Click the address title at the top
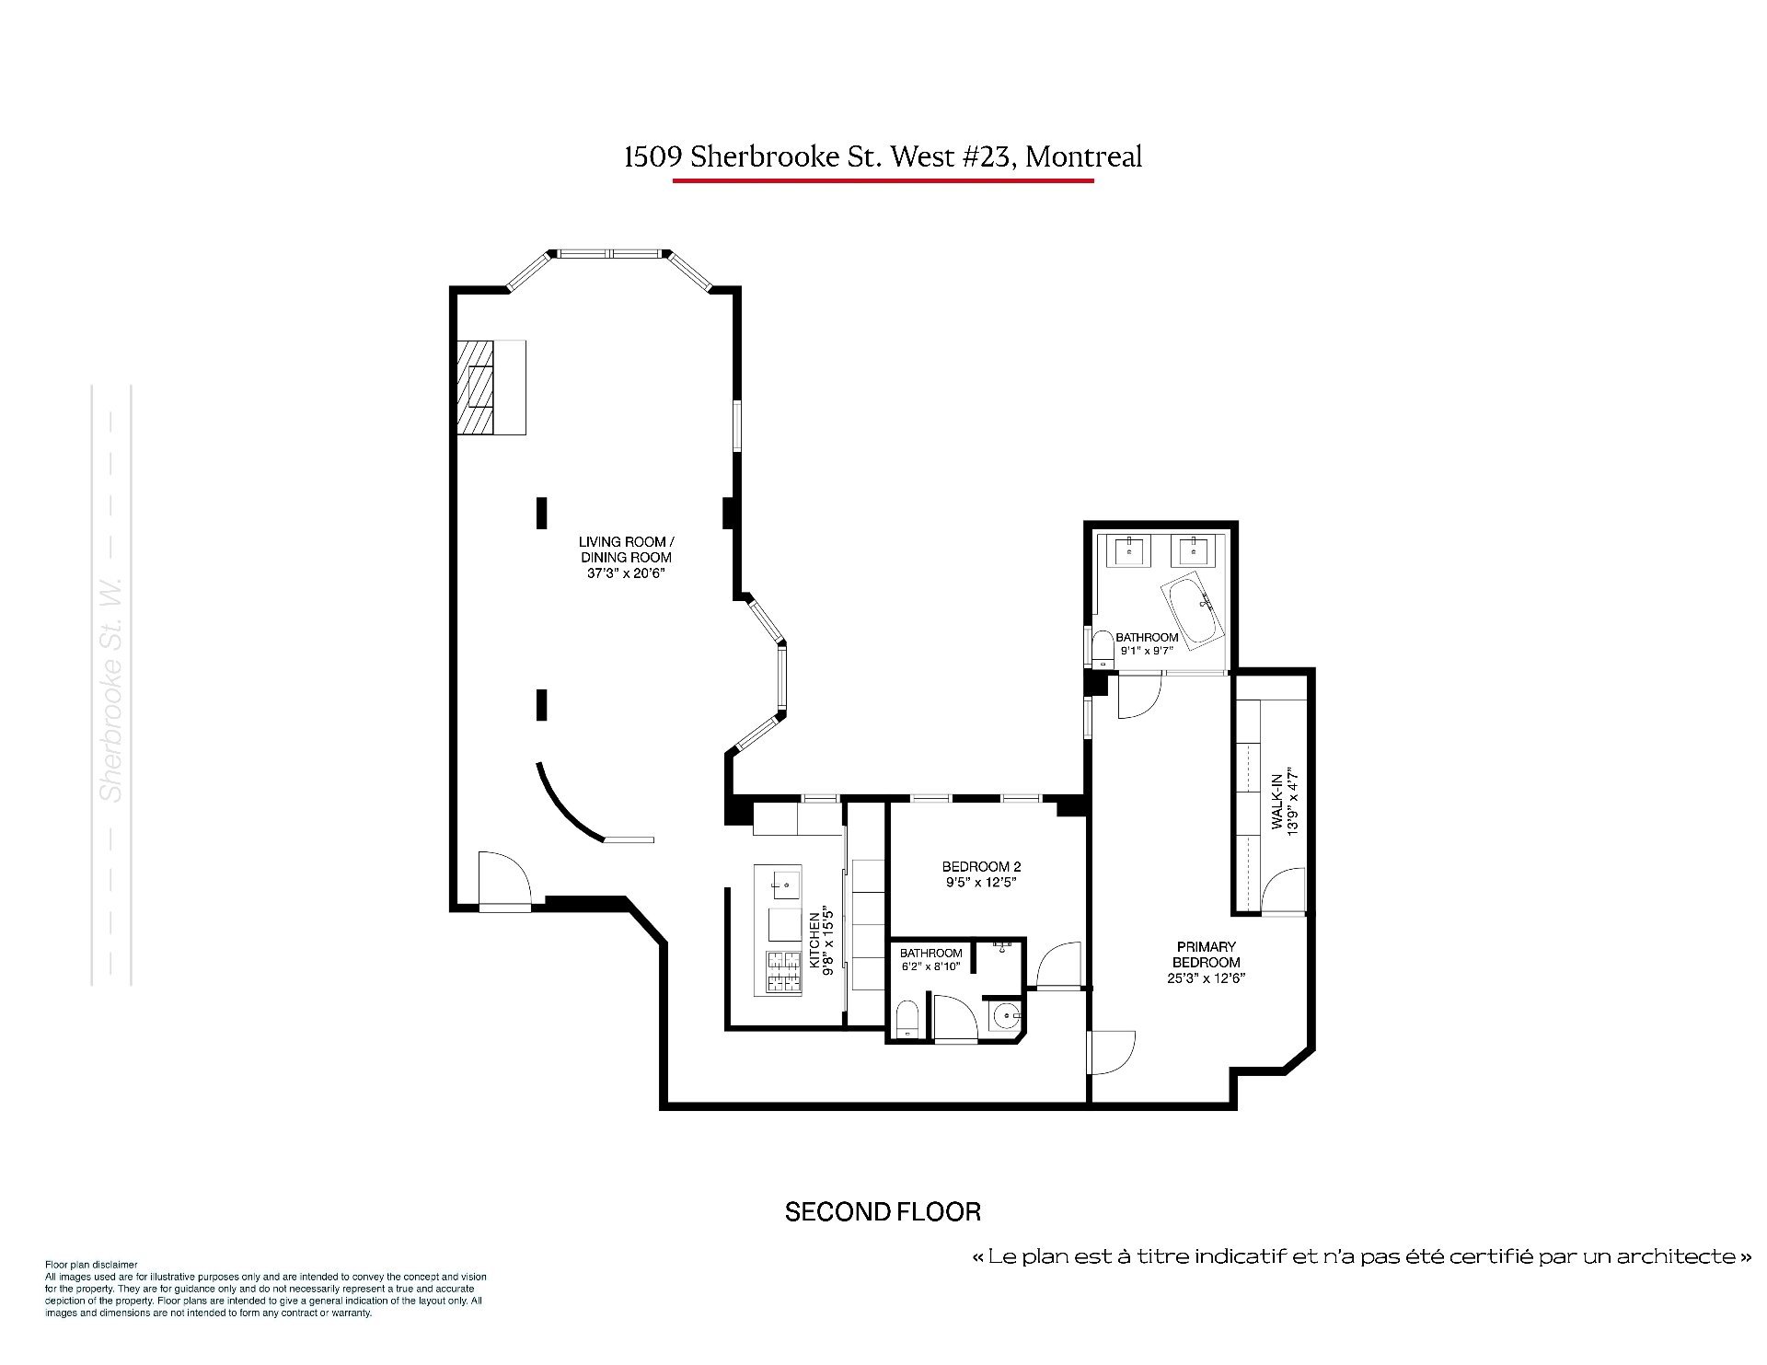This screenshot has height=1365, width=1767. (x=883, y=156)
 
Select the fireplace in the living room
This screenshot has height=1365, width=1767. (x=491, y=387)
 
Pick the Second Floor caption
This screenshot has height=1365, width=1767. (x=883, y=1211)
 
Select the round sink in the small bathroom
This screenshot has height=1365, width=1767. (x=1006, y=1018)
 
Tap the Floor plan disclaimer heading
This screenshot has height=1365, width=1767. (x=91, y=1265)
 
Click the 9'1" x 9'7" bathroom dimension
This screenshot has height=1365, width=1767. (x=1147, y=651)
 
